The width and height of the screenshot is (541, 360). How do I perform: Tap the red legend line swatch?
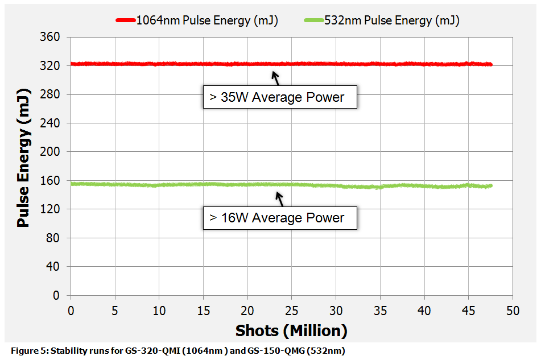(x=125, y=20)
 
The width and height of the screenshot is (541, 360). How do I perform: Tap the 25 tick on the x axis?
(x=291, y=311)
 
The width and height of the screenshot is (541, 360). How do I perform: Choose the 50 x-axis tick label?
(x=513, y=311)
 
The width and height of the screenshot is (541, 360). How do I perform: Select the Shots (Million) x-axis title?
(x=291, y=330)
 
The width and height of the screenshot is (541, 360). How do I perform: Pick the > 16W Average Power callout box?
(x=279, y=218)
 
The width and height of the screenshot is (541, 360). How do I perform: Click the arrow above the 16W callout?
(x=279, y=199)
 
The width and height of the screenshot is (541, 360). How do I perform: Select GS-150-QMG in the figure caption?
(x=272, y=351)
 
